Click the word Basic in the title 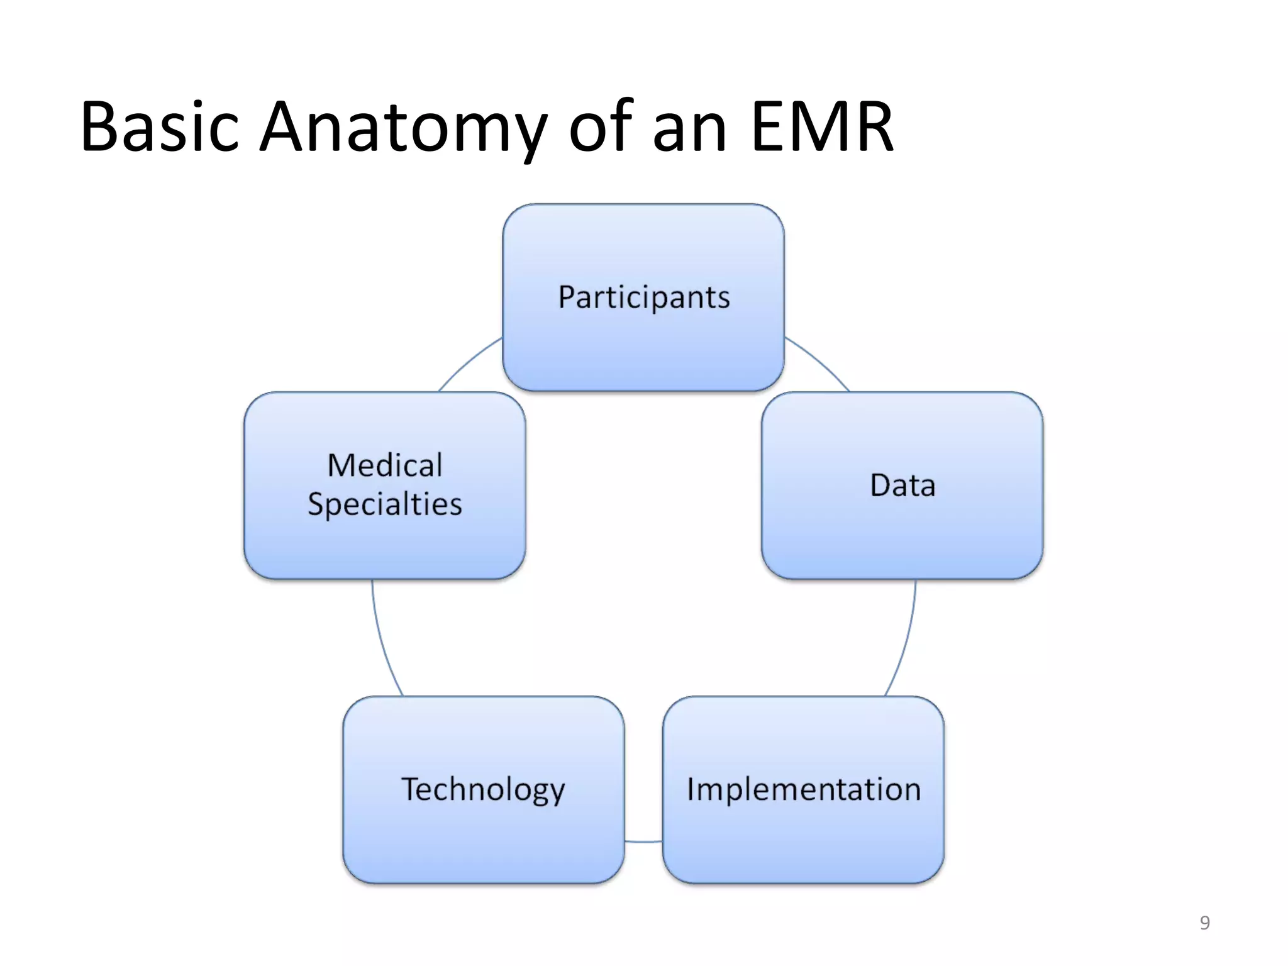pos(160,127)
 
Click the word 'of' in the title pos(600,127)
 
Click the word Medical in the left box pos(385,466)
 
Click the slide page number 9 pos(1204,923)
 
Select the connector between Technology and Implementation pos(643,841)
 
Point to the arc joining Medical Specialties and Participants pos(469,362)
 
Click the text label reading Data pos(902,486)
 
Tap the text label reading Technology pos(483,790)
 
